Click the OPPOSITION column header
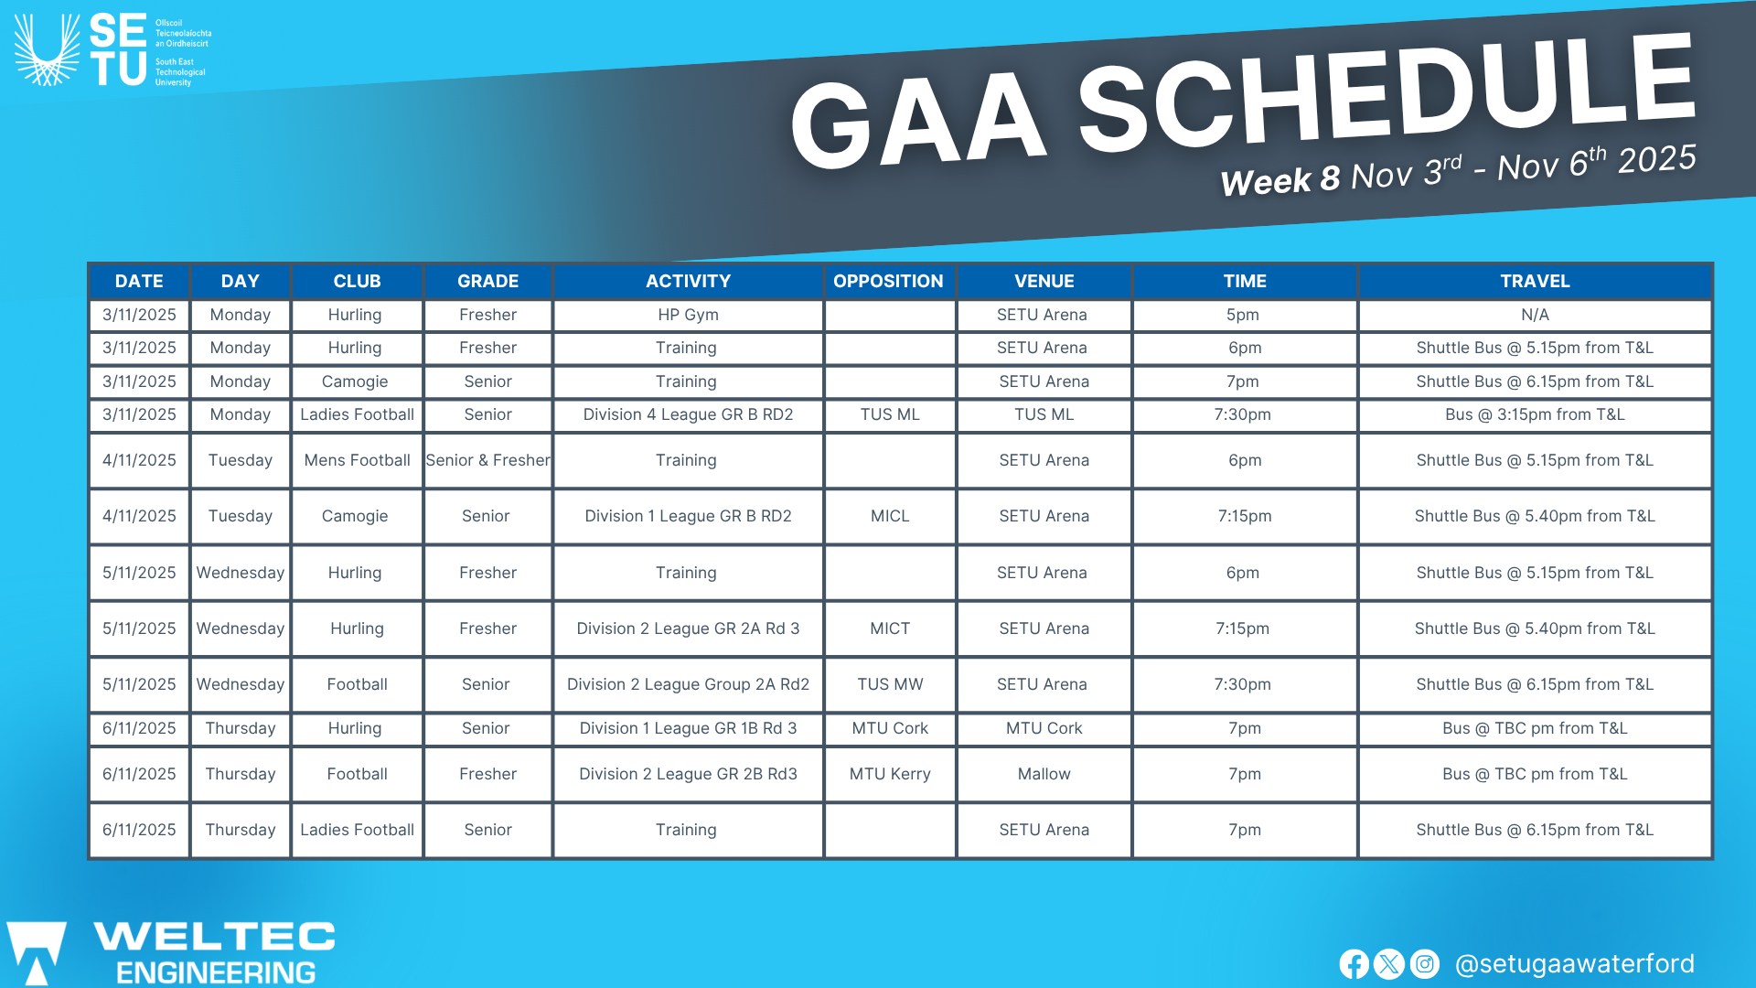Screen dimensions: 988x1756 (x=888, y=281)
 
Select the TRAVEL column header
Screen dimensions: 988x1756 (x=1535, y=281)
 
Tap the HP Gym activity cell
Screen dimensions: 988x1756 (x=688, y=315)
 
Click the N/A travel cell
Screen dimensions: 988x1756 (x=1535, y=315)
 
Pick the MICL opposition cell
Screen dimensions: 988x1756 (x=890, y=516)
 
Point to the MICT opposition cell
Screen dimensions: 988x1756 (x=890, y=628)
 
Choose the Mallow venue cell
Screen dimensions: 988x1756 (x=1044, y=774)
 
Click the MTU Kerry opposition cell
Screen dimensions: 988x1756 (x=890, y=774)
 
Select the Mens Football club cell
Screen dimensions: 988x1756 (x=357, y=460)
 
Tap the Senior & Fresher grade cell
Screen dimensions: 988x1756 (x=487, y=460)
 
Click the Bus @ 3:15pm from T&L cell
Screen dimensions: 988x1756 (x=1535, y=414)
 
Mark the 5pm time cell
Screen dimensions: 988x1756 (x=1243, y=315)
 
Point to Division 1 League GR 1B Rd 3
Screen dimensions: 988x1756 (x=688, y=728)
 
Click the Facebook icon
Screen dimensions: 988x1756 (x=1354, y=964)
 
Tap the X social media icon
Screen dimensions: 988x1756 (x=1388, y=964)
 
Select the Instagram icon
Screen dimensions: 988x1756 (x=1424, y=964)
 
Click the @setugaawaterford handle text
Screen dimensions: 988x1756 (x=1574, y=964)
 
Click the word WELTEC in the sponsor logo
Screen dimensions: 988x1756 (x=215, y=937)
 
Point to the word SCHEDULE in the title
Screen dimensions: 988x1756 (x=1386, y=96)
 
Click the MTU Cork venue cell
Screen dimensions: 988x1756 (x=1044, y=728)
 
